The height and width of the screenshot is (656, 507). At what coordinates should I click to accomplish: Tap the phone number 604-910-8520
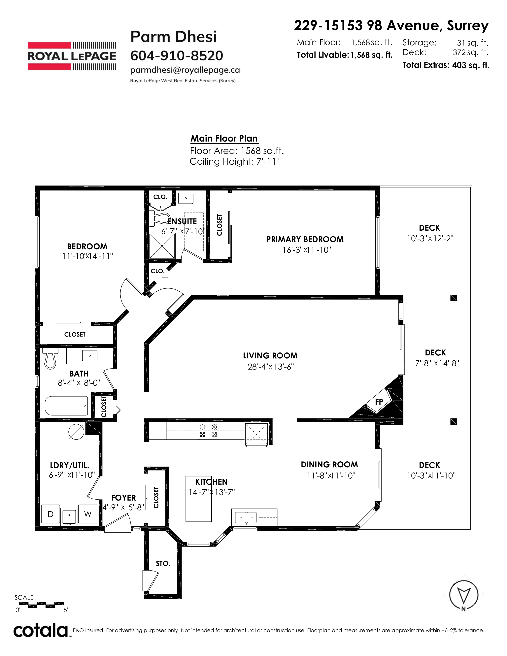177,56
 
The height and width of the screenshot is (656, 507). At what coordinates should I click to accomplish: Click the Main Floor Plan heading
224,139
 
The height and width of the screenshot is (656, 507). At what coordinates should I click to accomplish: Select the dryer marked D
51,514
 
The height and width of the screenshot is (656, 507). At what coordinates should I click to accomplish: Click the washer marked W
88,514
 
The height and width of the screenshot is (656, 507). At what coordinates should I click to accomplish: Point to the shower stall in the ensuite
162,246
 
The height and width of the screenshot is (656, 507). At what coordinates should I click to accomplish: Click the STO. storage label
163,564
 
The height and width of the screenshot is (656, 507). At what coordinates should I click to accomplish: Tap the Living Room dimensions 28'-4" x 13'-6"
271,367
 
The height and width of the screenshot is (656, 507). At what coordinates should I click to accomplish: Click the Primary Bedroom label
305,239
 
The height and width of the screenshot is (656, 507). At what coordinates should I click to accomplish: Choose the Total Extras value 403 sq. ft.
471,65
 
